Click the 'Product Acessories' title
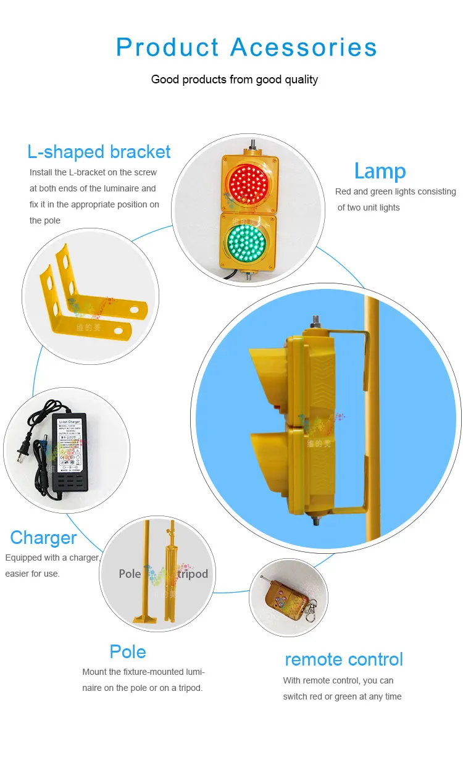(246, 48)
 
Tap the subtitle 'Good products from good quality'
(235, 80)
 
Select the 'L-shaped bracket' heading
(99, 151)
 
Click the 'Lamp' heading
(380, 171)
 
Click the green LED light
(248, 241)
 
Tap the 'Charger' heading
(43, 537)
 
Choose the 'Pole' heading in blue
(128, 651)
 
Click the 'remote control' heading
(344, 659)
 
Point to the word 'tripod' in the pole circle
(188, 574)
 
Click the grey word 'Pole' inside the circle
(130, 574)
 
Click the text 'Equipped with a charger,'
(52, 558)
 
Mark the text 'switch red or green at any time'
(342, 696)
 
